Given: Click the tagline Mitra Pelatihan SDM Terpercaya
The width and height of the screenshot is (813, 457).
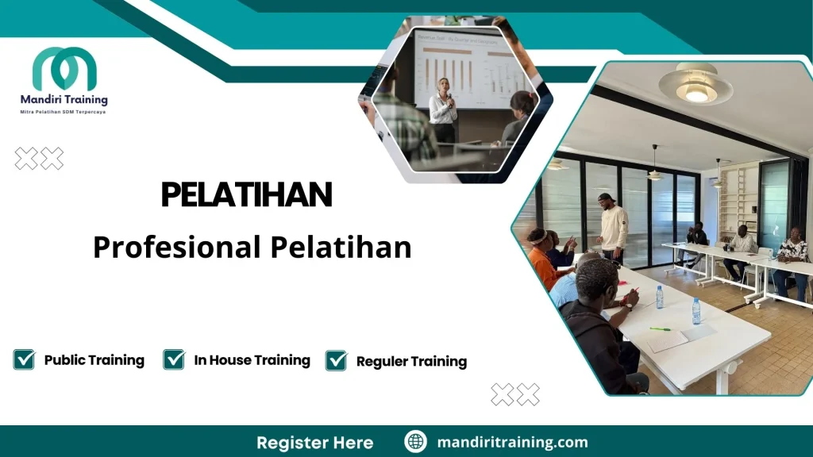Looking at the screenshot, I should click(x=64, y=112).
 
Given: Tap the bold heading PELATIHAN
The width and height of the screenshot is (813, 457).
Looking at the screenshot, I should click(x=246, y=194).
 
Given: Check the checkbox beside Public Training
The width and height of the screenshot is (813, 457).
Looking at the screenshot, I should click(x=24, y=359).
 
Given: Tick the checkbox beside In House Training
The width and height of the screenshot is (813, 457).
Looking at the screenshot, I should click(x=174, y=359).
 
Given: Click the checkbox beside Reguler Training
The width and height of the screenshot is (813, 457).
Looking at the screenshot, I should click(x=337, y=360).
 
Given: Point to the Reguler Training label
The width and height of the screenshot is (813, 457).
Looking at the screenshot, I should click(x=411, y=362).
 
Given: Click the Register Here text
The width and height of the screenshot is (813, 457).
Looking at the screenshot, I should click(x=314, y=442).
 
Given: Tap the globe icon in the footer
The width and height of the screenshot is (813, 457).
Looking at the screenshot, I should click(x=415, y=442).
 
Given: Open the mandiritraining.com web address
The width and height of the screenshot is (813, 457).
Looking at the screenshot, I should click(x=512, y=442).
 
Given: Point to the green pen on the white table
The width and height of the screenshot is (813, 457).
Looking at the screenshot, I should click(x=660, y=328).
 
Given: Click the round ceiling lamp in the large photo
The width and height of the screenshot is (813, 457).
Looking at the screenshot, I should click(x=696, y=85).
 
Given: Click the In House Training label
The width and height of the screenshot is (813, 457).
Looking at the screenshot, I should click(x=252, y=360).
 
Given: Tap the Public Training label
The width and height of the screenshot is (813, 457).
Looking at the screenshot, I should click(x=94, y=360).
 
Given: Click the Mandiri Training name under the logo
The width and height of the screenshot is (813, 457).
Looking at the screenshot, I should click(x=64, y=100).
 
